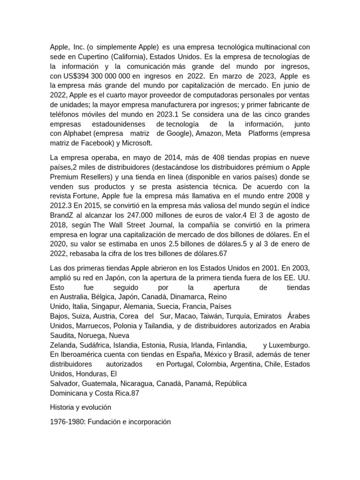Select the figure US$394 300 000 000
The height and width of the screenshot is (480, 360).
click(x=96, y=76)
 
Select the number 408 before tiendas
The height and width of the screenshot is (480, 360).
click(x=220, y=157)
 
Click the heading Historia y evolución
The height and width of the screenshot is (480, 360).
click(x=81, y=407)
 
